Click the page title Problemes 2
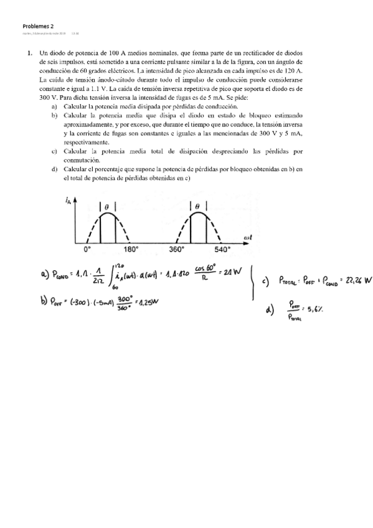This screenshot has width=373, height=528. pos(38,26)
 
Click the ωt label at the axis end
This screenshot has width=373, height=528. pos(247,237)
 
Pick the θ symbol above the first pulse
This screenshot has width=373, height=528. pos(106,206)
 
